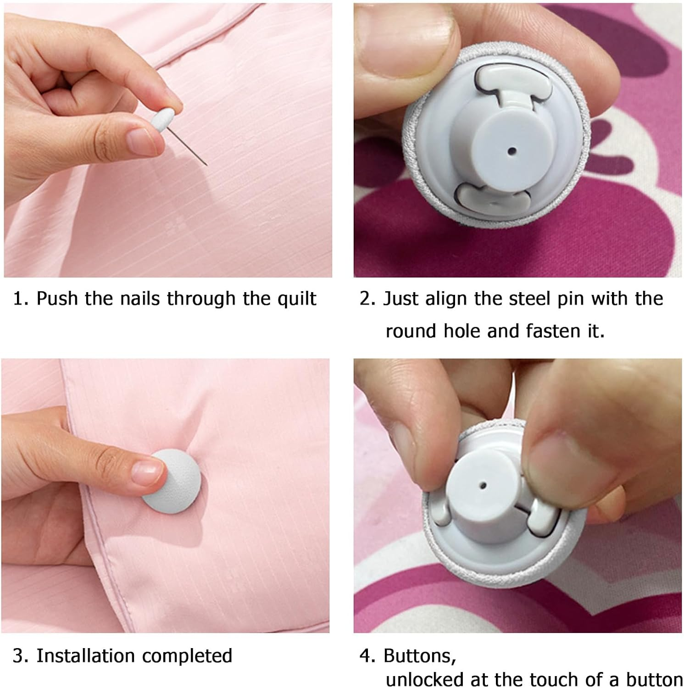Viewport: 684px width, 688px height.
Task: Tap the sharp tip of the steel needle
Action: (x=207, y=165)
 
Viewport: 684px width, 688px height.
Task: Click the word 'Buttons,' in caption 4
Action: (x=420, y=656)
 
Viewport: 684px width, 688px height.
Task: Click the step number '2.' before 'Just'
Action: (x=367, y=299)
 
